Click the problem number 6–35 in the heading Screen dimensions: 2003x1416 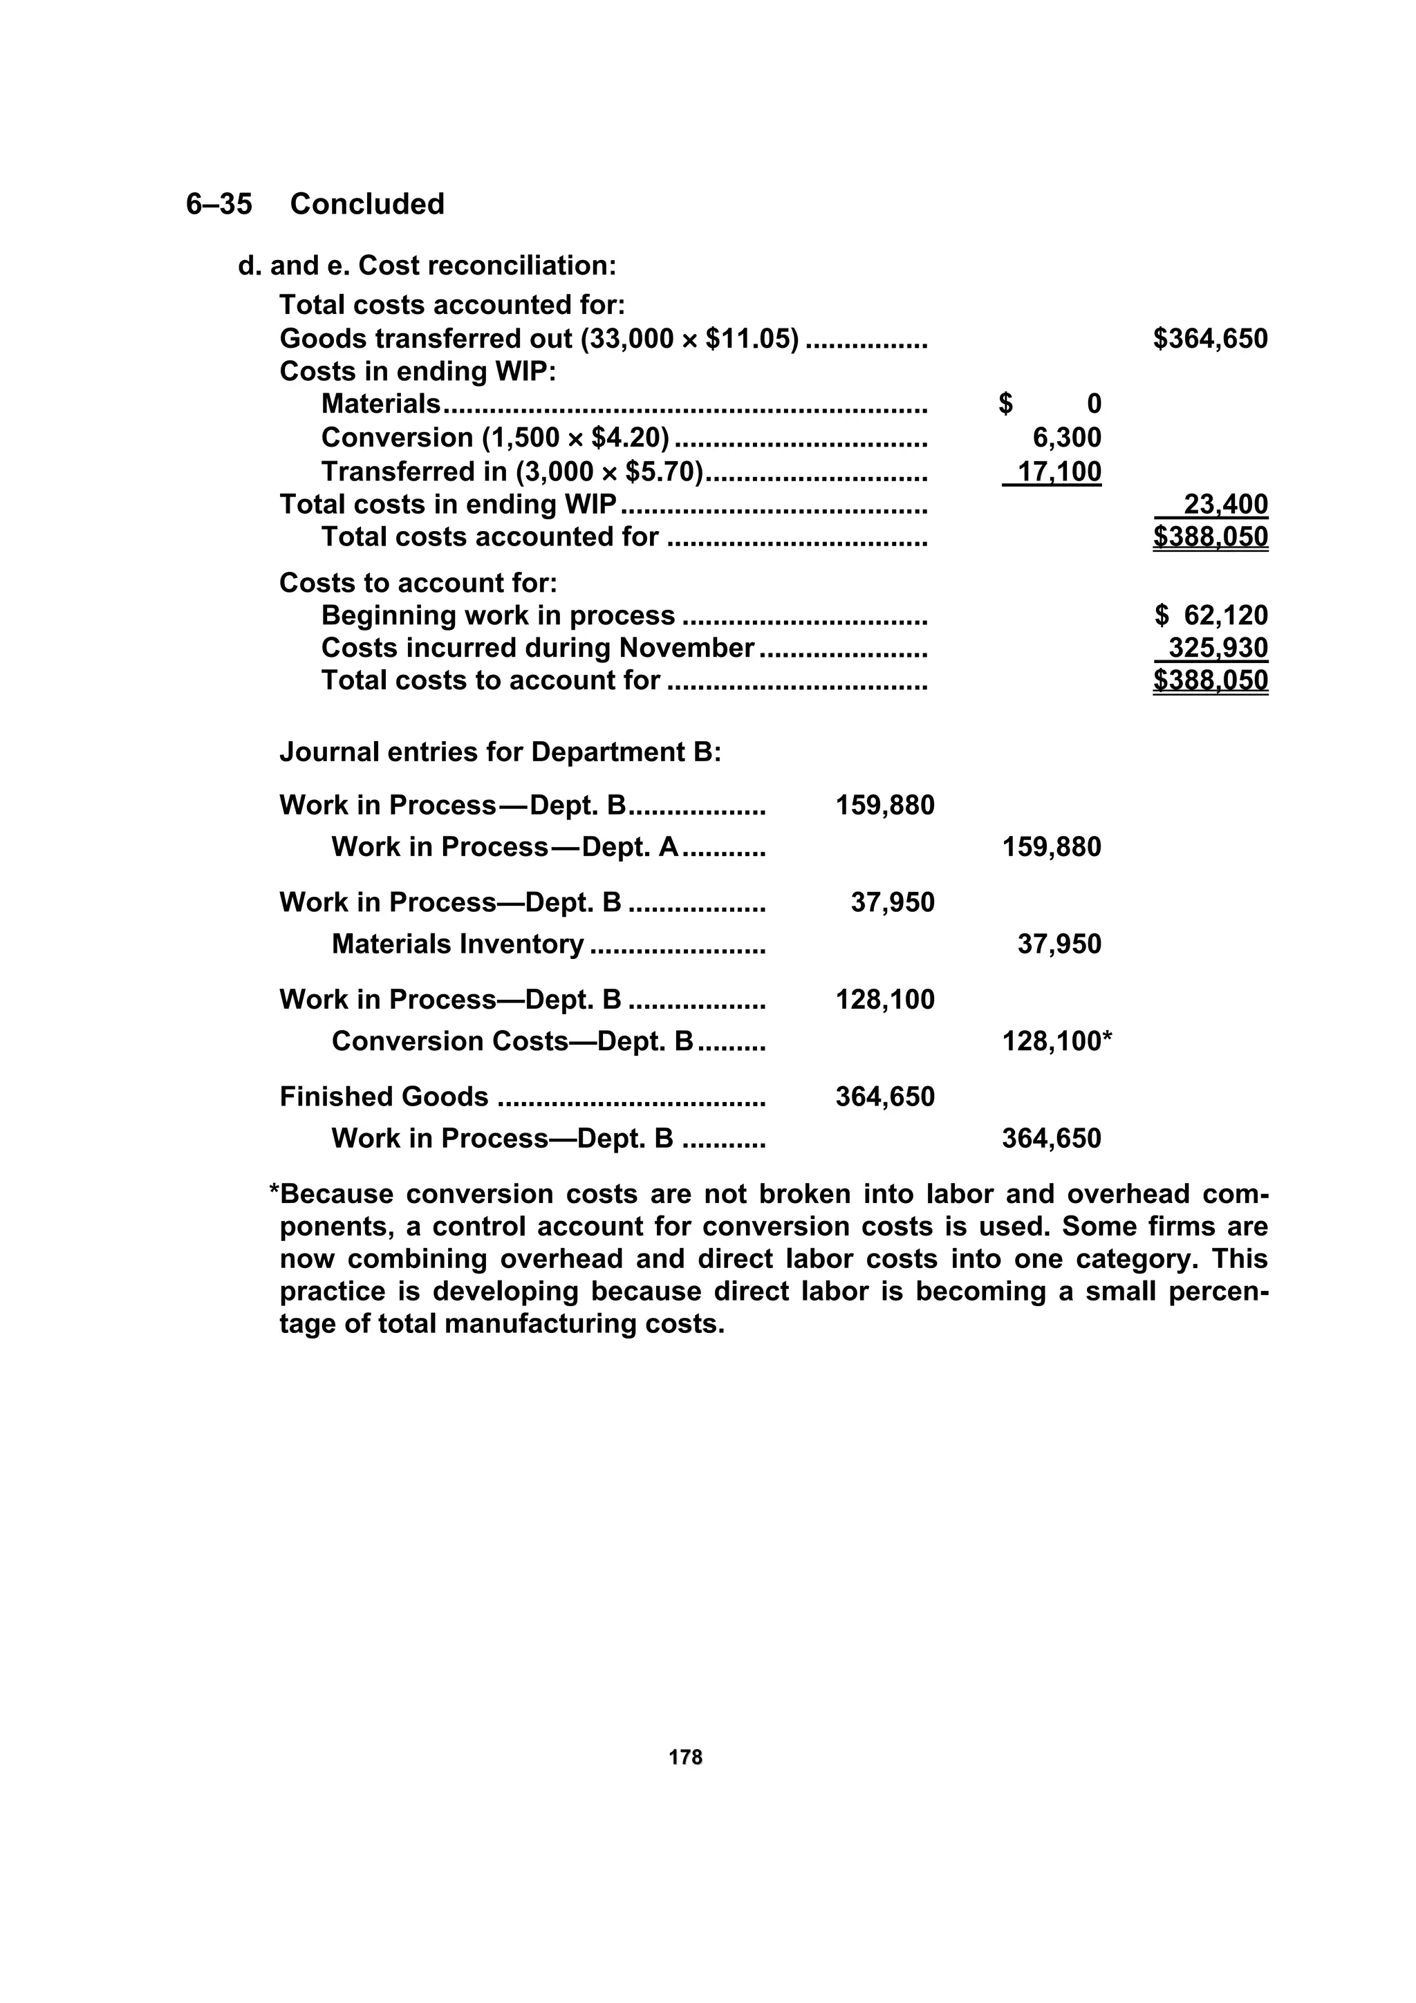(x=219, y=204)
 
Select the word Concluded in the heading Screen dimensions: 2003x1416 (x=366, y=204)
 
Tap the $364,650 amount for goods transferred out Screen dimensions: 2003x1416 (x=1210, y=339)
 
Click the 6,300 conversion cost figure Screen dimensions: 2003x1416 (x=1066, y=438)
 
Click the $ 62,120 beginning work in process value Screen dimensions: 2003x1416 (x=1211, y=616)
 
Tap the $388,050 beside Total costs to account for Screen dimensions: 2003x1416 (x=1210, y=680)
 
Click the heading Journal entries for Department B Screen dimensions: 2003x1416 (x=500, y=752)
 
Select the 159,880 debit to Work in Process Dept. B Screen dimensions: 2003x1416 (x=885, y=805)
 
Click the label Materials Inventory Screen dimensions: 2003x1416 (x=457, y=944)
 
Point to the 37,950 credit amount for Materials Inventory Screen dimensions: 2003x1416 (x=1059, y=944)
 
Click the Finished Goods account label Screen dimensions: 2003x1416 (x=384, y=1097)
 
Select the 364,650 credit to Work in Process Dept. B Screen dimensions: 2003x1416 (x=1052, y=1139)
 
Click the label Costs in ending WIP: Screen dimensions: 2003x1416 (x=417, y=372)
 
